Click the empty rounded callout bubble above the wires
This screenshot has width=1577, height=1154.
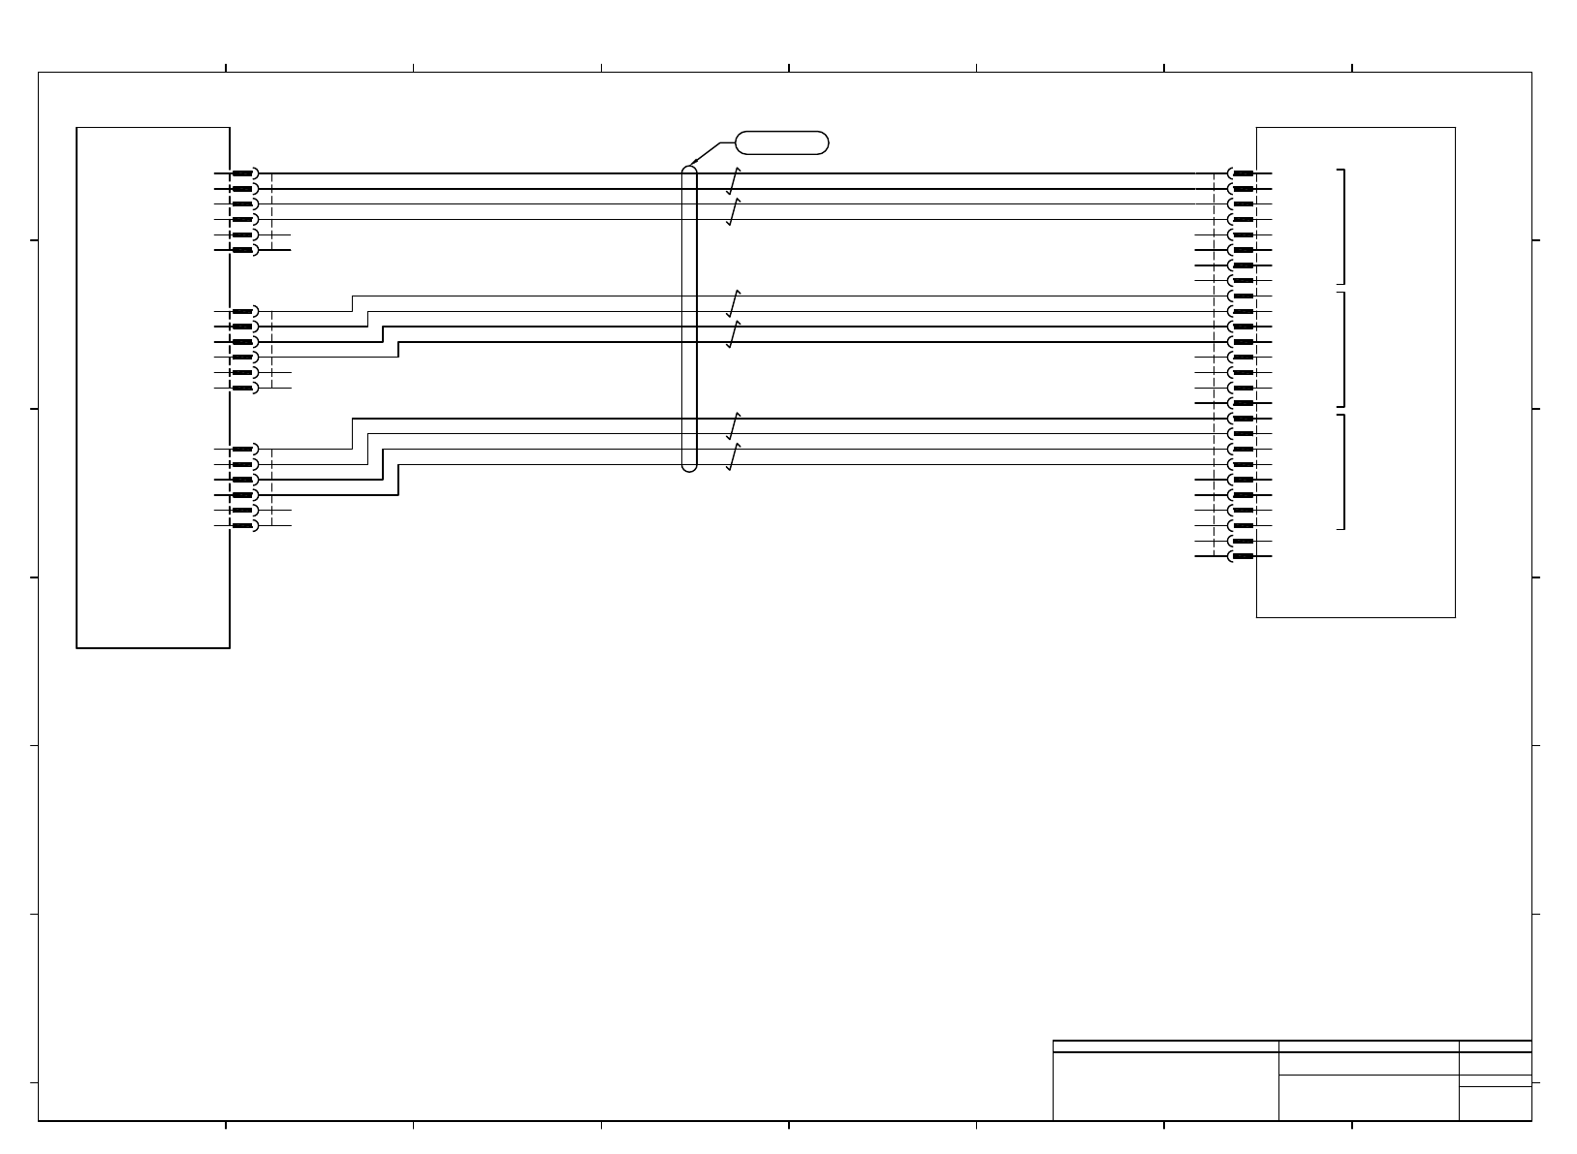click(782, 143)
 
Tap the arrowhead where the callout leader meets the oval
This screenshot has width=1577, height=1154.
click(686, 166)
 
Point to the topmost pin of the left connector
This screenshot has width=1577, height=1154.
click(243, 173)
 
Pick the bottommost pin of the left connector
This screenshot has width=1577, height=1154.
click(243, 525)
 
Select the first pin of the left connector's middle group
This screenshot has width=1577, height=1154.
click(243, 311)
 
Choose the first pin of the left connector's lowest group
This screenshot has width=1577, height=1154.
click(243, 449)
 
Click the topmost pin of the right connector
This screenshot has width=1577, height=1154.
click(1243, 173)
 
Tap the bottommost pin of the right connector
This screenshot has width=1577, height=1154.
click(1243, 556)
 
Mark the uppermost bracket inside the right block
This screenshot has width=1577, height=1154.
click(1343, 225)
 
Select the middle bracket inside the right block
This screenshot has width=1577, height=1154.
click(1343, 349)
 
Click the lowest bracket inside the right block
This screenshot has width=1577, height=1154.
click(1343, 472)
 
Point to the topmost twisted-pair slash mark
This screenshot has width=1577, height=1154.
click(734, 181)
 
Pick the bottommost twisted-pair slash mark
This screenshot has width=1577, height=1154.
click(734, 457)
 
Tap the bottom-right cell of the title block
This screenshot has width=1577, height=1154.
click(1495, 1104)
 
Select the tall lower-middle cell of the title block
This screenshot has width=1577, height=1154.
click(1369, 1098)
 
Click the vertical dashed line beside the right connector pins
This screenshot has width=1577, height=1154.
click(1214, 364)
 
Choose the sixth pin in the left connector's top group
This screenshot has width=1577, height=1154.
click(243, 250)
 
